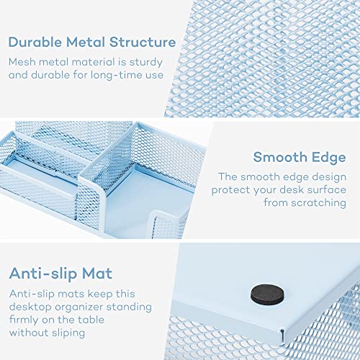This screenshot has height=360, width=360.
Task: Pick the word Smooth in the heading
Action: point(276,158)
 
